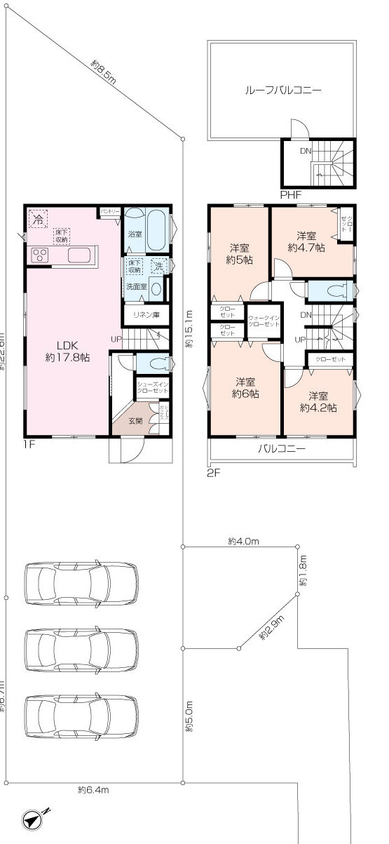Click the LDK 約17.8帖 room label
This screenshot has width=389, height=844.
point(67,351)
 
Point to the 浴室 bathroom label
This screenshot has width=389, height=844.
point(135,234)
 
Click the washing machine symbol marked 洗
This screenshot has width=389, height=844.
point(160,266)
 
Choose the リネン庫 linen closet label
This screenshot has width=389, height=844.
point(146,316)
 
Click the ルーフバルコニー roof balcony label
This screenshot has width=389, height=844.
point(282,91)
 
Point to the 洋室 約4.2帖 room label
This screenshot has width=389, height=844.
point(319,401)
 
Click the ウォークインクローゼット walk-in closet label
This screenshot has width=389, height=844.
point(264,321)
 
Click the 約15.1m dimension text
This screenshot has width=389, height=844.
point(189,329)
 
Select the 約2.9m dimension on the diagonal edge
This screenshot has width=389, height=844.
point(271,629)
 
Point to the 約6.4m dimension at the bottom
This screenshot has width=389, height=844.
point(93,790)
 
